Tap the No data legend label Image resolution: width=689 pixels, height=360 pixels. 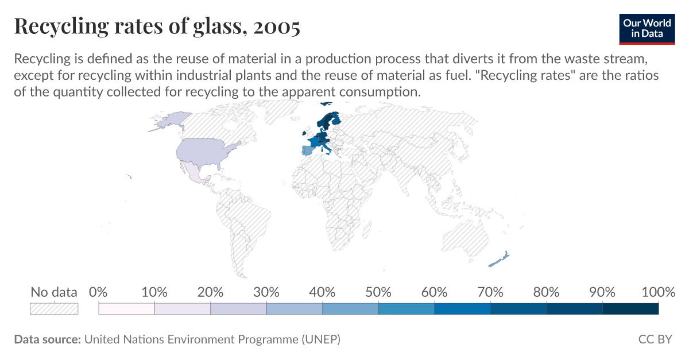click(53, 292)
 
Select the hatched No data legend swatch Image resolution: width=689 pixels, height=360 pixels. click(53, 309)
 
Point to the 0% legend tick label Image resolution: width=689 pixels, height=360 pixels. click(99, 292)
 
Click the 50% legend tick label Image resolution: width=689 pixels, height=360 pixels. click(378, 292)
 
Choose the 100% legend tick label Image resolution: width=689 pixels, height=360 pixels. click(658, 292)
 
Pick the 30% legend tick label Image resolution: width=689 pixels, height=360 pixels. click(266, 292)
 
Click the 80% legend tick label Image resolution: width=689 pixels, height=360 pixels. click(546, 292)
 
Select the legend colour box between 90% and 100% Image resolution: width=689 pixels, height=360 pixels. click(630, 309)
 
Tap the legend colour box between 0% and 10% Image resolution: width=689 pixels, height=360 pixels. click(127, 309)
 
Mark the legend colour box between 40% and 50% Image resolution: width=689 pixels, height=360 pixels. click(350, 309)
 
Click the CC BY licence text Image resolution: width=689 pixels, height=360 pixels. click(655, 339)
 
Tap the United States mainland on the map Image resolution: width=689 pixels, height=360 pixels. click(204, 152)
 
